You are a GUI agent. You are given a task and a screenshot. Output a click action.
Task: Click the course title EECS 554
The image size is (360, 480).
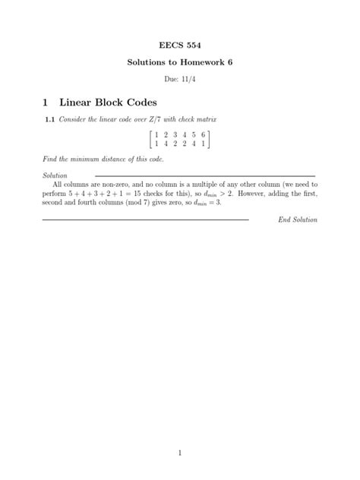[x=179, y=44]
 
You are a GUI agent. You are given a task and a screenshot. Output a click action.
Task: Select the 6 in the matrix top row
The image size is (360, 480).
[x=204, y=134]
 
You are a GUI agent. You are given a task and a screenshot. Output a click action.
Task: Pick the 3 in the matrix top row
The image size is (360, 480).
[x=174, y=134]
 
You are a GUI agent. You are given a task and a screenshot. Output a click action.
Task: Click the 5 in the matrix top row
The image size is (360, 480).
[x=194, y=134]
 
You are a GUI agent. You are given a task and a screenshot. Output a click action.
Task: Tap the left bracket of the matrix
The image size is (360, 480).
[x=150, y=138]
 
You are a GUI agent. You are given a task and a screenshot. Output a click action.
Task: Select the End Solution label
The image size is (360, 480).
[x=298, y=219]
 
